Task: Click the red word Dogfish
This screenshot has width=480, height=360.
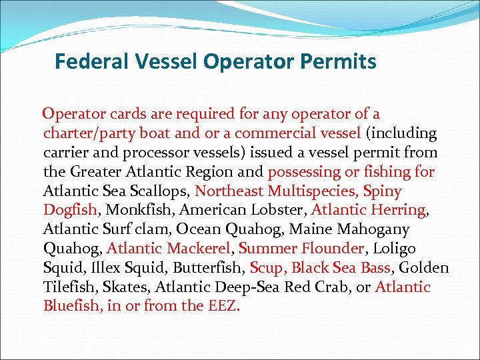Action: (70, 211)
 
